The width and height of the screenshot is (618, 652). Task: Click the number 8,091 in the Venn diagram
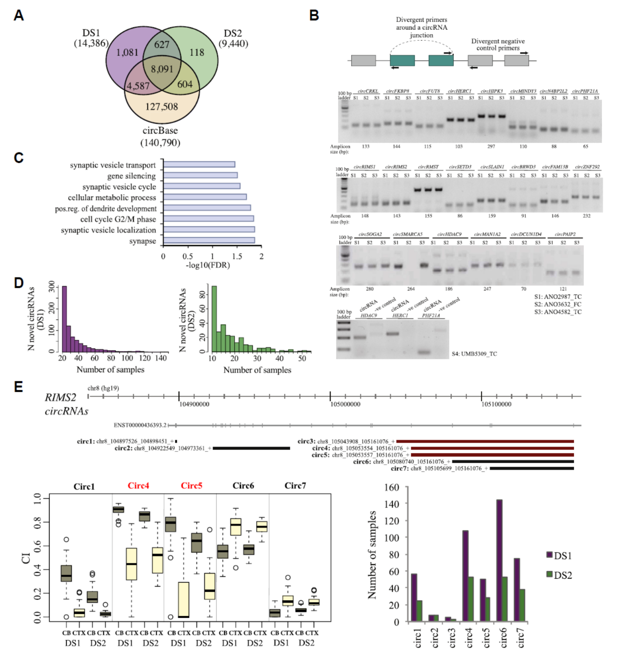click(x=162, y=69)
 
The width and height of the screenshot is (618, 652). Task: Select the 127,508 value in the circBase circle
click(x=161, y=106)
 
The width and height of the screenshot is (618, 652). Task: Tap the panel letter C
click(x=19, y=158)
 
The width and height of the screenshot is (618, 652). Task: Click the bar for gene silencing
click(x=200, y=175)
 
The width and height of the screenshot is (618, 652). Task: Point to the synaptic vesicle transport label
click(x=113, y=165)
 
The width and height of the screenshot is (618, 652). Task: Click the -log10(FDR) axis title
click(x=207, y=265)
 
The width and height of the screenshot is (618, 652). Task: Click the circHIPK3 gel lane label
click(x=491, y=91)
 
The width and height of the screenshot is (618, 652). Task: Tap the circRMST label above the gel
click(x=428, y=167)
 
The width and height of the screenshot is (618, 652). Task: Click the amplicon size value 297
click(x=491, y=146)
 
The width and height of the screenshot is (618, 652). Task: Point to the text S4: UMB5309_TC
click(x=474, y=354)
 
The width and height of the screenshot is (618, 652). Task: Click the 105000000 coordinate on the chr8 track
click(x=345, y=404)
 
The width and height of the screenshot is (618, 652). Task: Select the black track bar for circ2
click(x=251, y=448)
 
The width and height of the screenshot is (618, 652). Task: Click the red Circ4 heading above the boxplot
click(x=139, y=486)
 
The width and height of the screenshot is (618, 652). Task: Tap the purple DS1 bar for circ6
click(x=499, y=560)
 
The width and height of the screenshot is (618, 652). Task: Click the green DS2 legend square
click(x=549, y=574)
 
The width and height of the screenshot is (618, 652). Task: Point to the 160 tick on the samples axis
click(x=392, y=487)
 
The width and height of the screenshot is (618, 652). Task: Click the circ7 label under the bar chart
click(x=520, y=638)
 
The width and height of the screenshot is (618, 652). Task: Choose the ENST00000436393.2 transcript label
click(x=140, y=425)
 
